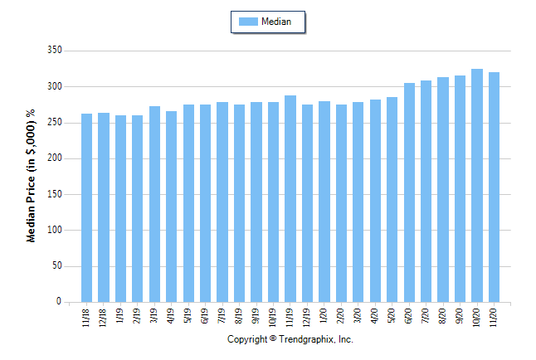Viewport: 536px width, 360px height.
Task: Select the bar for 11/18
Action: point(86,207)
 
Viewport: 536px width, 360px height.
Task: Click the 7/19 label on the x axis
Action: point(222,319)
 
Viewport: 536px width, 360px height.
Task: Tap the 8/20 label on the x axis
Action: point(443,319)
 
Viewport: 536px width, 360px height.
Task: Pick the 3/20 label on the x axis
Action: point(358,319)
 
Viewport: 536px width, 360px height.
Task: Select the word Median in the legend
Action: point(276,22)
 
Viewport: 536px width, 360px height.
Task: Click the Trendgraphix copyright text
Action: point(290,340)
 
